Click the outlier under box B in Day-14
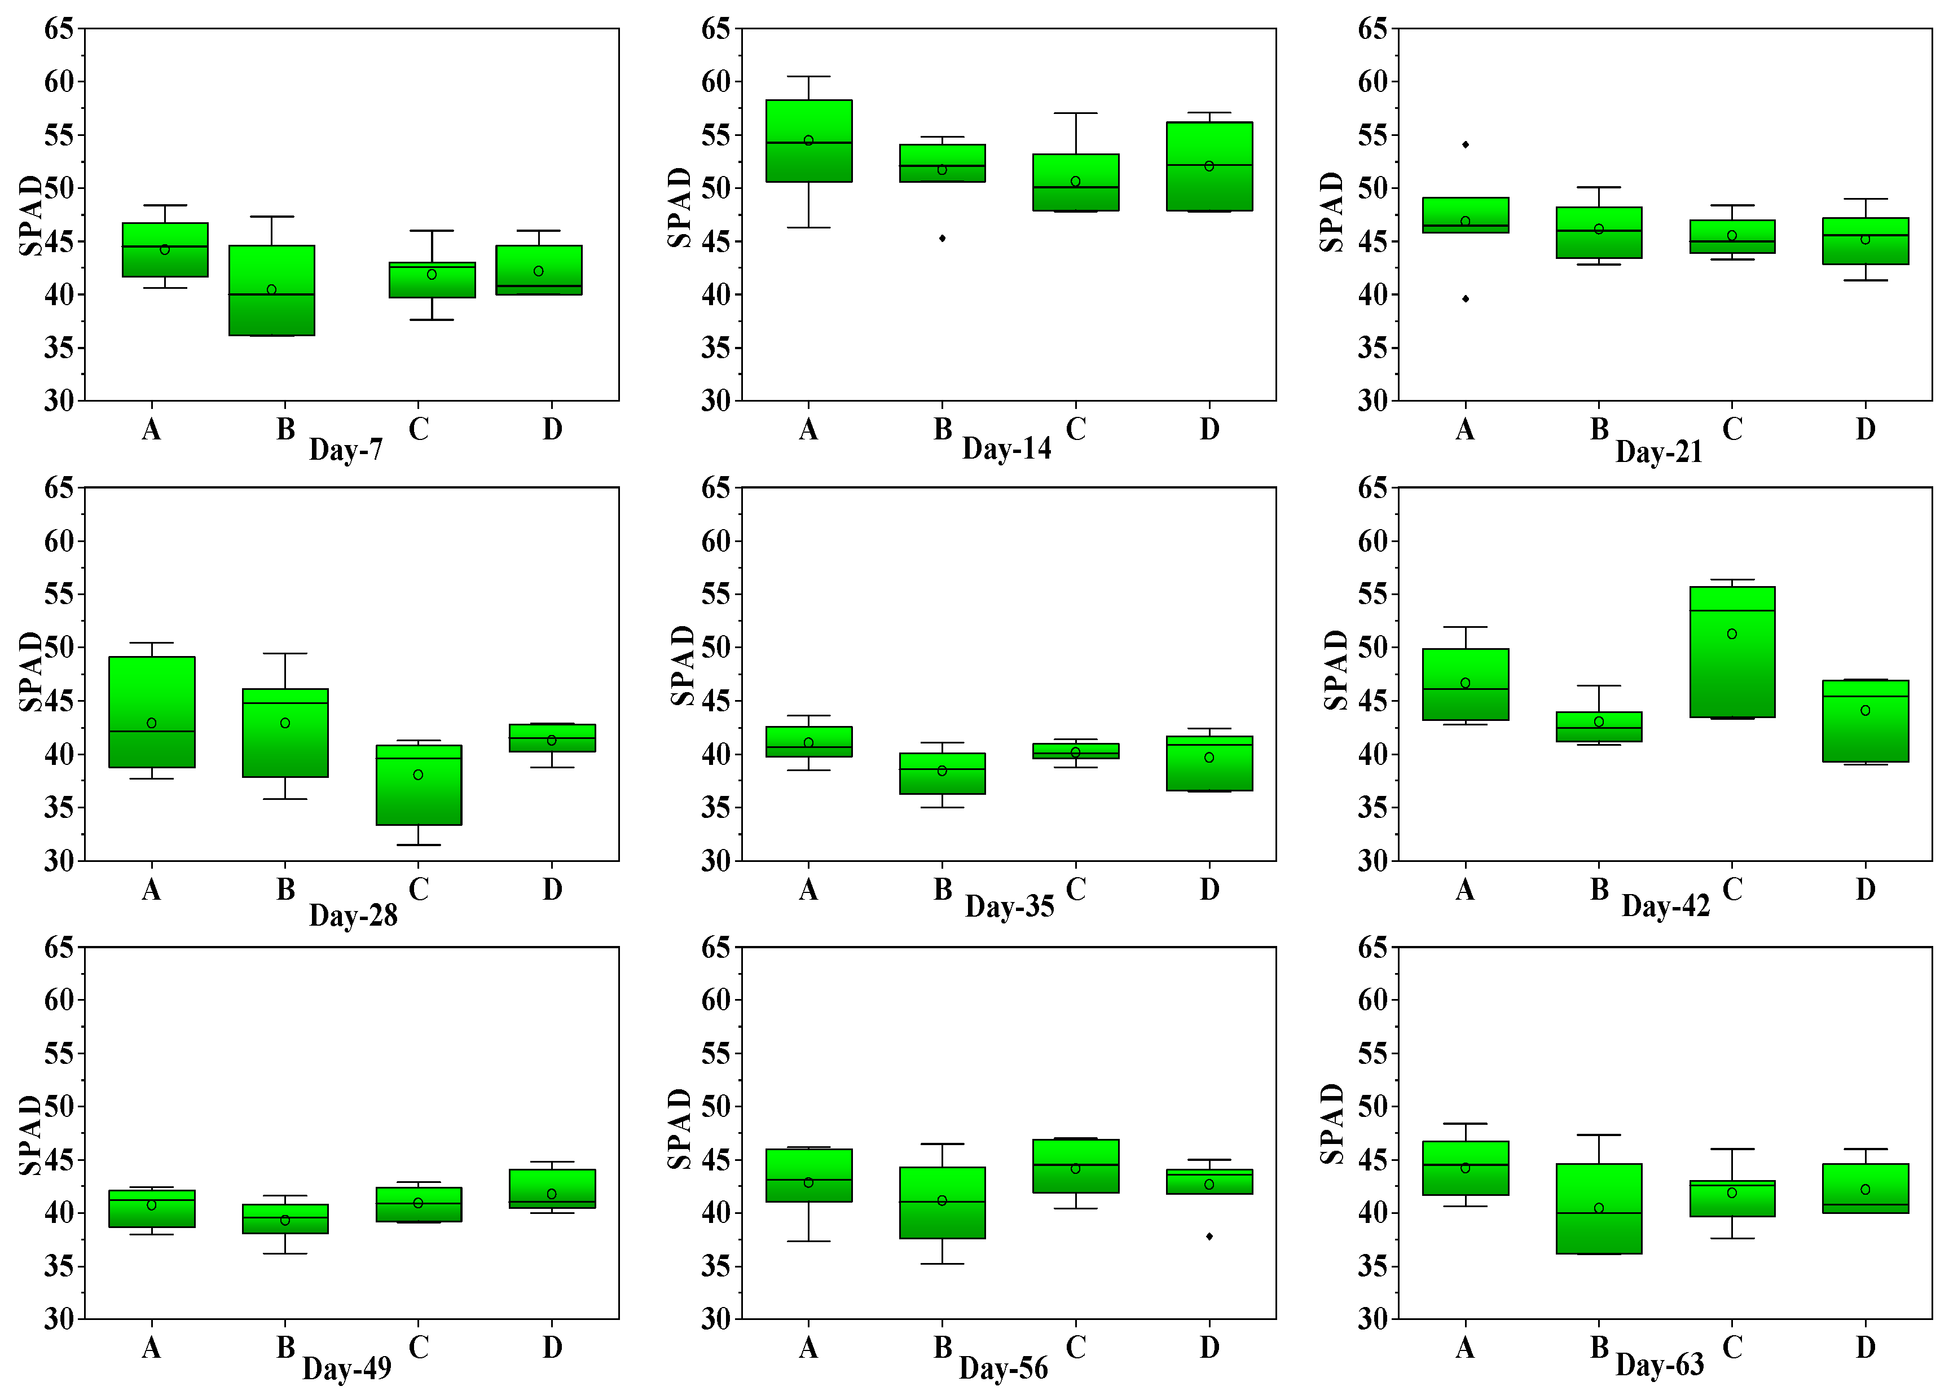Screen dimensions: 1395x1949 click(x=941, y=238)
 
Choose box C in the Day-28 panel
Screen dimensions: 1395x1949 click(x=419, y=785)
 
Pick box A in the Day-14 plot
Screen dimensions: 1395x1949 click(x=808, y=142)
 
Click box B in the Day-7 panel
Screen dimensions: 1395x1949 click(x=271, y=291)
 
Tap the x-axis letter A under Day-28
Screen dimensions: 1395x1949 click(x=151, y=889)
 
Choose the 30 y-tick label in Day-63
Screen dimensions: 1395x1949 click(x=1372, y=1319)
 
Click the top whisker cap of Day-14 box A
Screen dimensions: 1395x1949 click(x=808, y=77)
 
